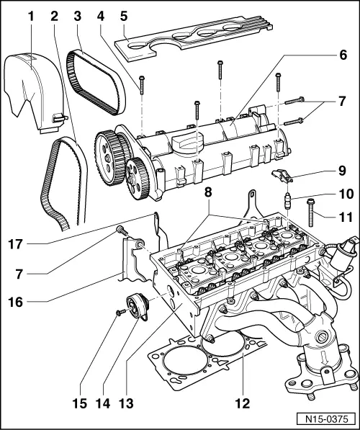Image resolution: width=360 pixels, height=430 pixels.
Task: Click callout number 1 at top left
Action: (x=30, y=14)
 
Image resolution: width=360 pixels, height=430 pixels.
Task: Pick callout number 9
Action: (x=343, y=171)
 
